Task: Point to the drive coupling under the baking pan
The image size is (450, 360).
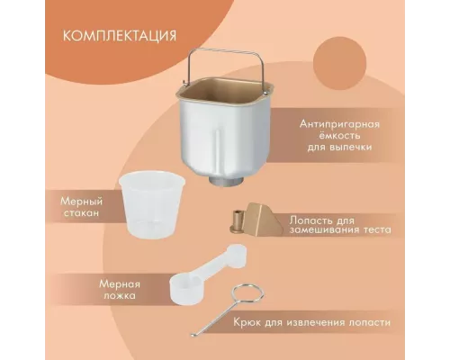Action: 221,182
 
